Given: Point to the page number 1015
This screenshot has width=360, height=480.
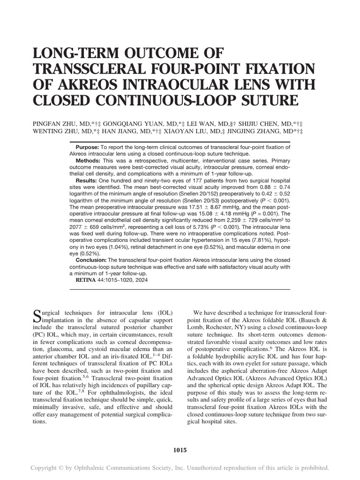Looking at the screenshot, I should point(180,450).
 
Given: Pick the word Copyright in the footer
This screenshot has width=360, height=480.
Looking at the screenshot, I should point(46,468).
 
